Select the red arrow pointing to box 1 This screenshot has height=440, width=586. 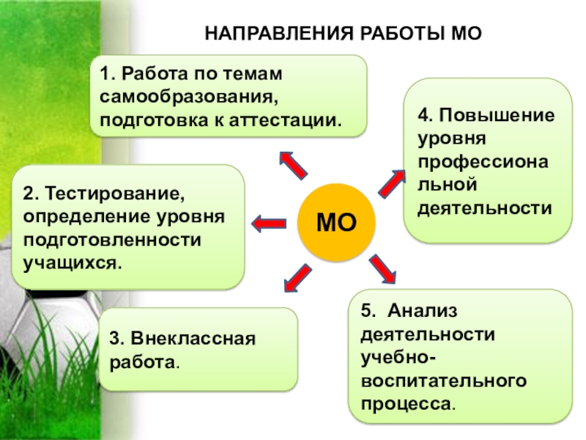(x=293, y=164)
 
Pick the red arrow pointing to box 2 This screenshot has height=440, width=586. (x=269, y=221)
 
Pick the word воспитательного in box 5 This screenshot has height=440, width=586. (x=443, y=381)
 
